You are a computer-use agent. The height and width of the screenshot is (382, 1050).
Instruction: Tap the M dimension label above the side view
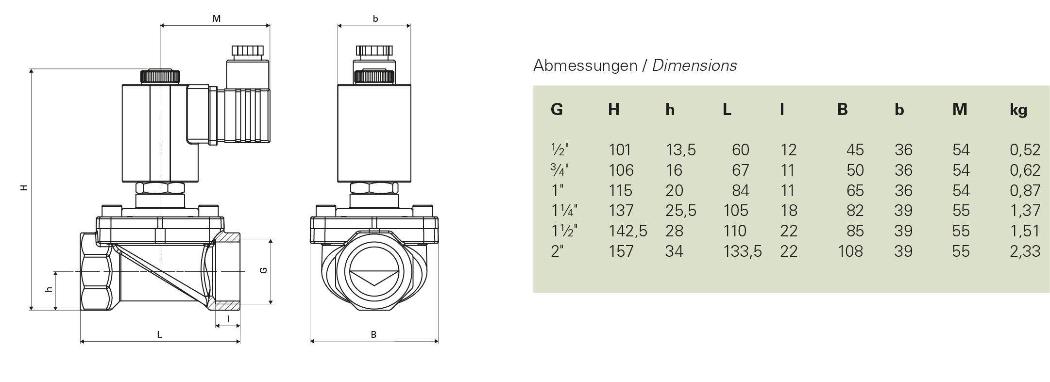[217, 19]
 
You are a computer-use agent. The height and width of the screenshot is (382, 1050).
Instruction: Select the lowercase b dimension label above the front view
[375, 19]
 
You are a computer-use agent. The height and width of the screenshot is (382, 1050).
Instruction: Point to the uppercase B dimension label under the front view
[373, 334]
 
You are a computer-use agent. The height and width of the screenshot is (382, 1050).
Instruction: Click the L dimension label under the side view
[159, 334]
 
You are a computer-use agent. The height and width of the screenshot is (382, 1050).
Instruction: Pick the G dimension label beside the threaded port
[264, 270]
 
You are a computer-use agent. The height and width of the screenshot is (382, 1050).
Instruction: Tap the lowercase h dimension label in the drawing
[49, 290]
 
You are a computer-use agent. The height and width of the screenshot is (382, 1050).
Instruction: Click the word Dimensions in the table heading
[694, 66]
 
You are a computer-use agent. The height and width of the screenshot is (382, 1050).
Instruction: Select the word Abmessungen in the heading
[585, 66]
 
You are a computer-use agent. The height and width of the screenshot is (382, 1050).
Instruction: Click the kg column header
[1018, 110]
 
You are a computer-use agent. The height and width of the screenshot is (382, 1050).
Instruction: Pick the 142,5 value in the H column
[627, 231]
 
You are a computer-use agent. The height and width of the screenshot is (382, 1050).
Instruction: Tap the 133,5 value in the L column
[742, 251]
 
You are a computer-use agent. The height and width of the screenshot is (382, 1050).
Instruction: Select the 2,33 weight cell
[1025, 251]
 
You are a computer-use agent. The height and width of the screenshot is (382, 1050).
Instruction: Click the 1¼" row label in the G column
[564, 211]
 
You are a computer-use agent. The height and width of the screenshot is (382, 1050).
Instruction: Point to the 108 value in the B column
[850, 251]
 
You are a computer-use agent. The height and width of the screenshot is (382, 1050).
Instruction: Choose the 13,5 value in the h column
[680, 150]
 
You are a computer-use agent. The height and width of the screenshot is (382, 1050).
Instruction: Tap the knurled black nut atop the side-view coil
[160, 76]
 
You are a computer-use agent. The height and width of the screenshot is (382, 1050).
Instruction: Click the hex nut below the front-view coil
[374, 188]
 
